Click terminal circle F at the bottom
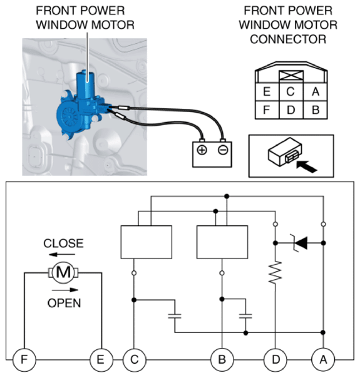click(24, 360)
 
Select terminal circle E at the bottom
click(101, 360)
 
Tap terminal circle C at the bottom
click(135, 360)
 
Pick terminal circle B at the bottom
click(222, 360)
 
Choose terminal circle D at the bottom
click(275, 360)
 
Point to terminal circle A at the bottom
click(323, 360)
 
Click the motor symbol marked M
click(63, 273)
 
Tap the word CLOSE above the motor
click(63, 243)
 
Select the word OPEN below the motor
click(64, 303)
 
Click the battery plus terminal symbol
click(202, 150)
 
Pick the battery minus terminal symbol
click(222, 150)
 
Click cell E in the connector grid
click(267, 92)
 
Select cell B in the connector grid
click(316, 110)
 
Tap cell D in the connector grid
click(291, 110)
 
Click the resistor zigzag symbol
click(275, 273)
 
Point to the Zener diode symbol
click(299, 243)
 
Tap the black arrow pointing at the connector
click(307, 167)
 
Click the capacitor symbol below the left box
click(175, 316)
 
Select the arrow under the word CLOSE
click(62, 255)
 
